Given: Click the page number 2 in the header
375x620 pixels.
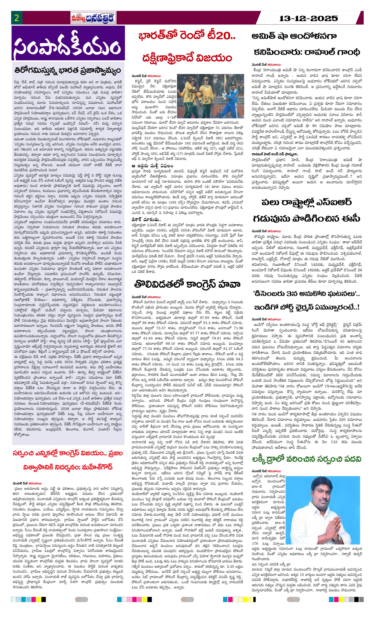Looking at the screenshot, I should click(17, 18).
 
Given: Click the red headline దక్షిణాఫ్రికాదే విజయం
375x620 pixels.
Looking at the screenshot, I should click(187, 58).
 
